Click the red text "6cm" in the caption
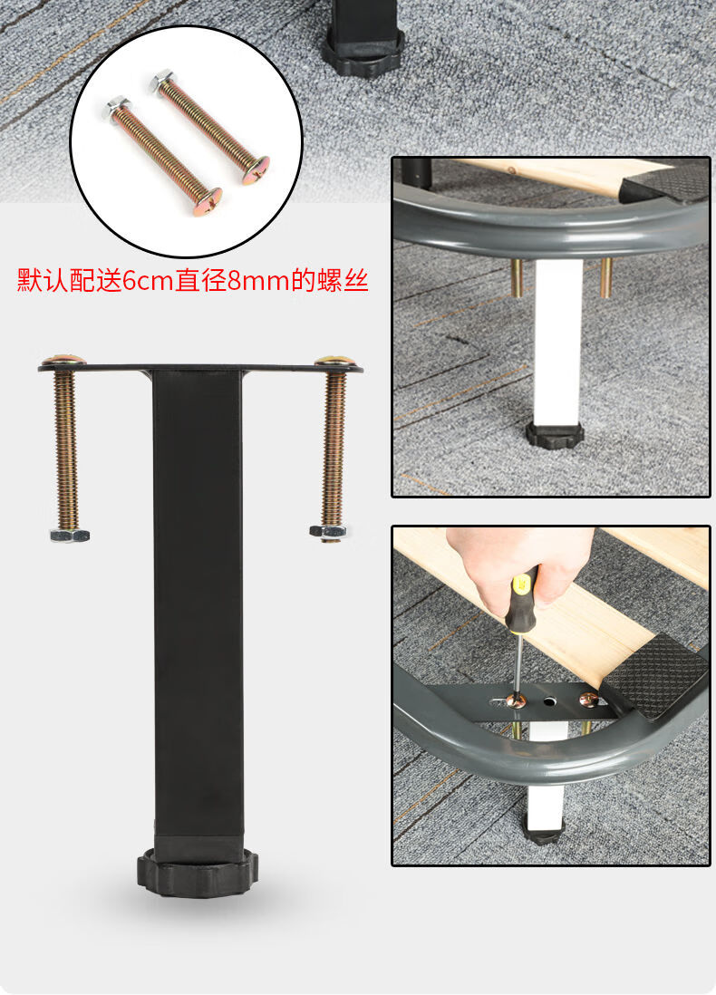click(x=148, y=280)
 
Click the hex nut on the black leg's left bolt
click(x=70, y=535)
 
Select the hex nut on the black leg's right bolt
click(x=328, y=531)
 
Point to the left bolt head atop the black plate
click(x=63, y=361)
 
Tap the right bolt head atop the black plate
click(x=334, y=361)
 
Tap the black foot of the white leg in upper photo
click(x=555, y=435)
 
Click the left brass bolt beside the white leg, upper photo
click(x=517, y=277)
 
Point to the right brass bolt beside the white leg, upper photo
click(x=605, y=277)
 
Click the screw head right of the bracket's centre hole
click(x=588, y=699)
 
